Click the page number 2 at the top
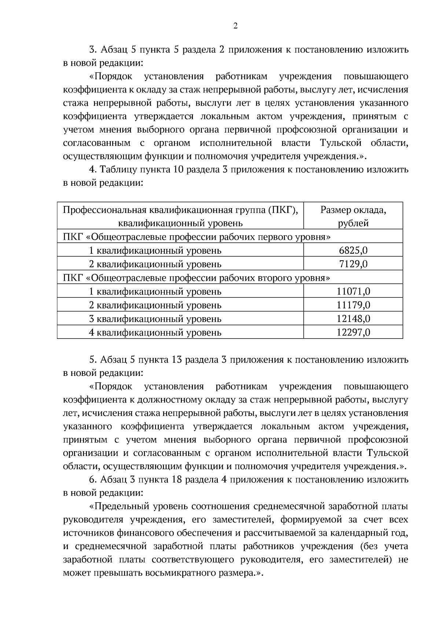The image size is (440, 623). click(x=235, y=26)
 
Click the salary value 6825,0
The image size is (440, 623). click(x=353, y=251)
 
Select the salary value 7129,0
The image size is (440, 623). click(x=353, y=264)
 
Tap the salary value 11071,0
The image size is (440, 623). click(x=353, y=292)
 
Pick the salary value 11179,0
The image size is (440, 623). click(x=353, y=305)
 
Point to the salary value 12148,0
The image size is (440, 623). click(x=353, y=319)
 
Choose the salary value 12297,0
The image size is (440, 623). click(x=353, y=333)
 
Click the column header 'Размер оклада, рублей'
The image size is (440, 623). click(x=353, y=217)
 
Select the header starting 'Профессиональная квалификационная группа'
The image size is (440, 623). click(x=180, y=217)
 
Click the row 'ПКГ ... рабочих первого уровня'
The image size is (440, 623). click(x=197, y=237)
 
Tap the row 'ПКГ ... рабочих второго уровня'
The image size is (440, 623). click(x=197, y=278)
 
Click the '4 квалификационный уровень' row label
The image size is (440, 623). click(x=155, y=333)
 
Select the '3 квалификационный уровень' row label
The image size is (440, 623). click(x=155, y=319)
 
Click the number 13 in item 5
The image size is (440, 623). click(x=176, y=360)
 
